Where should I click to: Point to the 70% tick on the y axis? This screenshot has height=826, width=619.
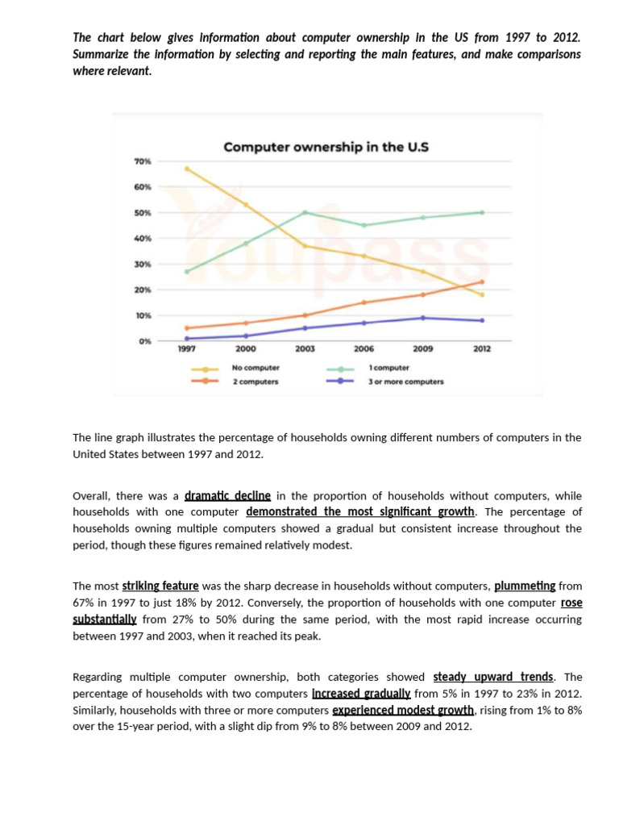point(142,162)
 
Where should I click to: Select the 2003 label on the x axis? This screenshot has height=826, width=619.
point(305,349)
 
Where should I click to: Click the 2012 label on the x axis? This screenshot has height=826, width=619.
point(482,349)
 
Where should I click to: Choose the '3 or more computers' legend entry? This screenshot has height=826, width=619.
point(406,381)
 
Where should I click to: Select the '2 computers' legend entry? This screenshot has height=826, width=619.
point(255,381)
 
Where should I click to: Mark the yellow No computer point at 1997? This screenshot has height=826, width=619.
point(187,169)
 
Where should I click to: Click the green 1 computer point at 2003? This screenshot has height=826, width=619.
point(305,212)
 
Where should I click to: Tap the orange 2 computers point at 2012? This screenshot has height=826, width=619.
point(482,282)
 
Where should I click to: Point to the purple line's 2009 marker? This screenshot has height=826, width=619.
point(423,318)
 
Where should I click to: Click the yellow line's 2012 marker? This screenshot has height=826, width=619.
point(482,294)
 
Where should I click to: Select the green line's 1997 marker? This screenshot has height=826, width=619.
point(187,271)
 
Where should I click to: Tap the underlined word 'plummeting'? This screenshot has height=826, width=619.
point(525,586)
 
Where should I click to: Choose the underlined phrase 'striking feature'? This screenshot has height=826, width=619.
point(160,586)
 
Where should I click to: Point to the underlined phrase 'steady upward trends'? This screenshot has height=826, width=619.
point(492,677)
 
